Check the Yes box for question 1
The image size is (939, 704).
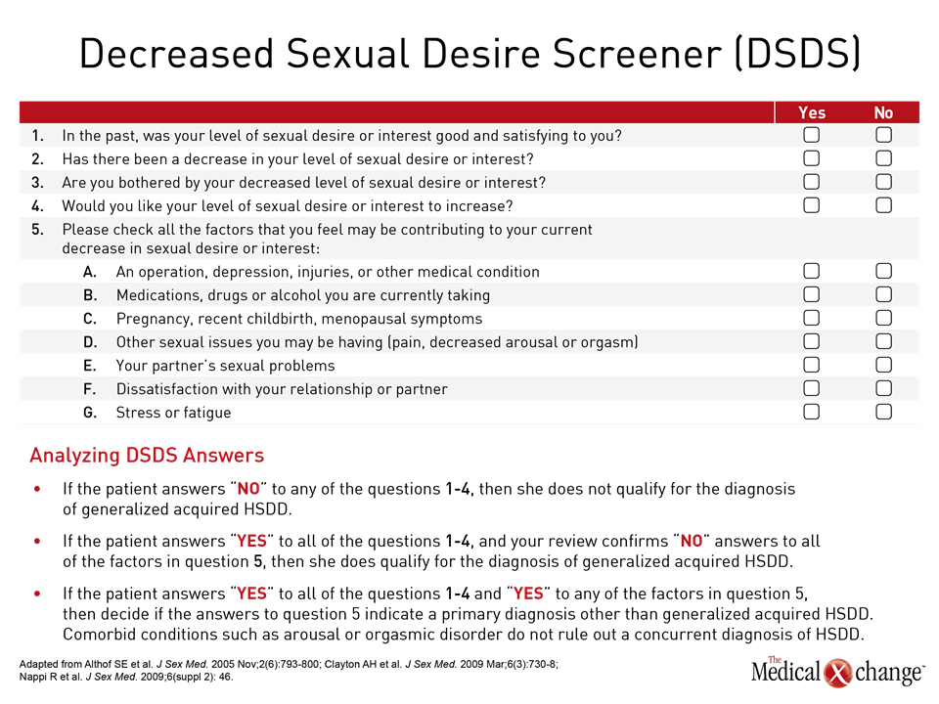pyautogui.click(x=812, y=135)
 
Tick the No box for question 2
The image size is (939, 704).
pyautogui.click(x=883, y=158)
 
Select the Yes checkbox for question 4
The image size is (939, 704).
pyautogui.click(x=812, y=205)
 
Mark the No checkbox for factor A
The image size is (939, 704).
pyautogui.click(x=883, y=271)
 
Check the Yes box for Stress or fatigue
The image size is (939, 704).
pyautogui.click(x=812, y=412)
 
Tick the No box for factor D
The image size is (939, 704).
pyautogui.click(x=883, y=341)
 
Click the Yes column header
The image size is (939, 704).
pyautogui.click(x=812, y=112)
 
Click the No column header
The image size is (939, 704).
pyautogui.click(x=883, y=112)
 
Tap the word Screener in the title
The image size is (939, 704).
pyautogui.click(x=637, y=53)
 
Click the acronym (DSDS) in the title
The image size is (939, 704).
pyautogui.click(x=797, y=53)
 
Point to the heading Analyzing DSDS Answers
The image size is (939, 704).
pyautogui.click(x=147, y=456)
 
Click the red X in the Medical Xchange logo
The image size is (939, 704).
pyautogui.click(x=838, y=673)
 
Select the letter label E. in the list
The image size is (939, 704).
pyautogui.click(x=89, y=366)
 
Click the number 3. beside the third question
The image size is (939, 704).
pyautogui.click(x=38, y=183)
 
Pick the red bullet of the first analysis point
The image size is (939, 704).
pyautogui.click(x=38, y=489)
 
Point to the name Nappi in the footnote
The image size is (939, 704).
pyautogui.click(x=33, y=677)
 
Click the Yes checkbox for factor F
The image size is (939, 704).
pyautogui.click(x=812, y=388)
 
